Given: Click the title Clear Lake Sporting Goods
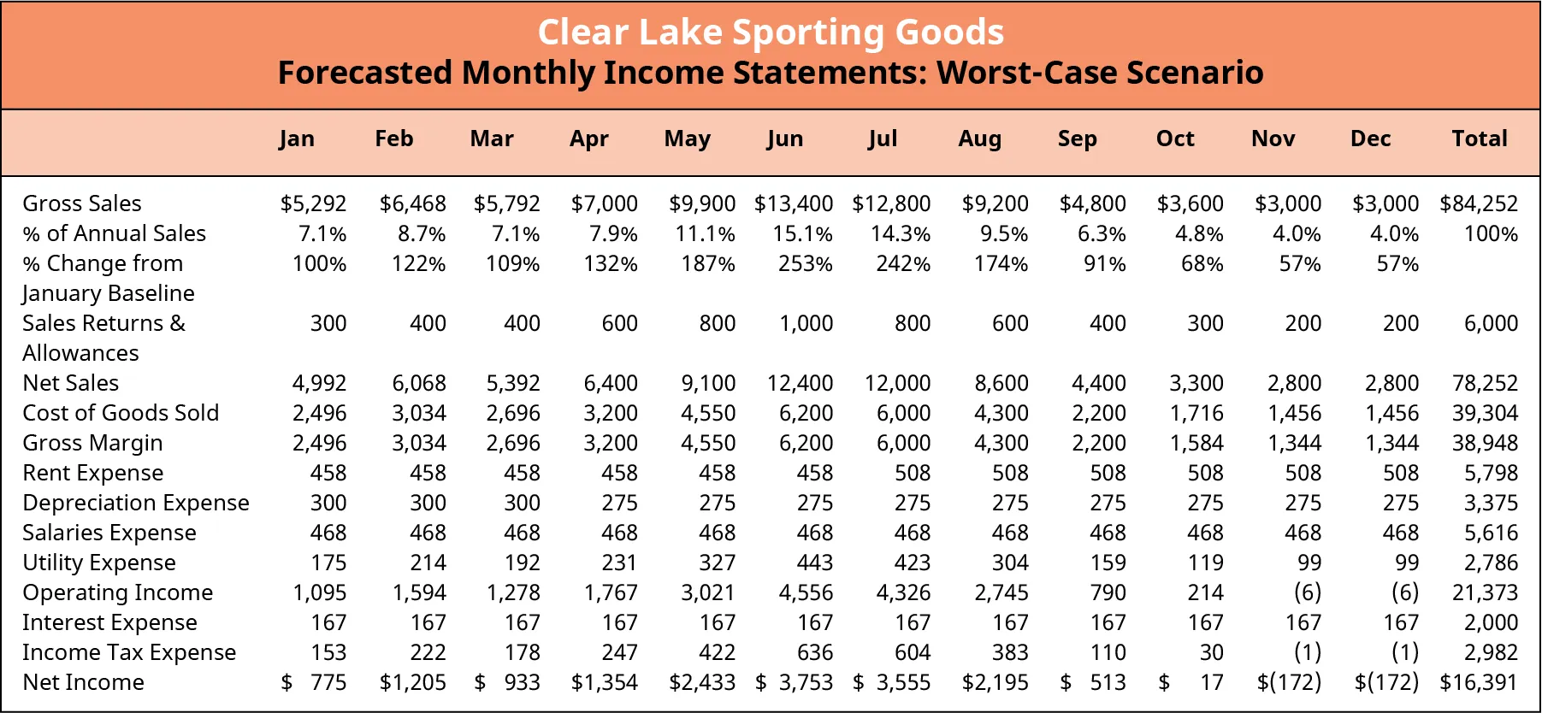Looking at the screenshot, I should [x=771, y=32].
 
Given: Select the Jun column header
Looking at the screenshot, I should [x=784, y=138].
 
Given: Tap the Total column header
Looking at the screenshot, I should [x=1479, y=138].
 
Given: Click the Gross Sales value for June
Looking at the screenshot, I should [x=794, y=203].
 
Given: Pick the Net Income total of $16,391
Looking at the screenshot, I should [x=1479, y=682].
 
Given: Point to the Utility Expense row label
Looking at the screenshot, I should [x=99, y=563].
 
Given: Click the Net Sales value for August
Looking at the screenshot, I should [x=1001, y=383].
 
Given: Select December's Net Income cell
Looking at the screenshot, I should [x=1386, y=682].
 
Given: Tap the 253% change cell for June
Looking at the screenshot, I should [x=805, y=263].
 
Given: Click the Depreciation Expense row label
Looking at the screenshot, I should [x=136, y=503].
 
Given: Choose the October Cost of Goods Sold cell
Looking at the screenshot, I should [x=1196, y=413].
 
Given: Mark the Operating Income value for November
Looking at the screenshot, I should [x=1307, y=592].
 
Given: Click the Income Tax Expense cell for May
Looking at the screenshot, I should [x=717, y=652].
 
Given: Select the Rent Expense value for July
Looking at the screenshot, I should [x=913, y=473].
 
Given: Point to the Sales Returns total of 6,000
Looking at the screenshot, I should [x=1491, y=323].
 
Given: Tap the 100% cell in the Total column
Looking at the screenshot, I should [x=1491, y=233].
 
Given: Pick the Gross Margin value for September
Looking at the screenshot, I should [x=1099, y=443].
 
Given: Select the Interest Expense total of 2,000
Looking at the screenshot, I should [x=1491, y=622].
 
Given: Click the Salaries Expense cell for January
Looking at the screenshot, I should [x=328, y=533].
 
